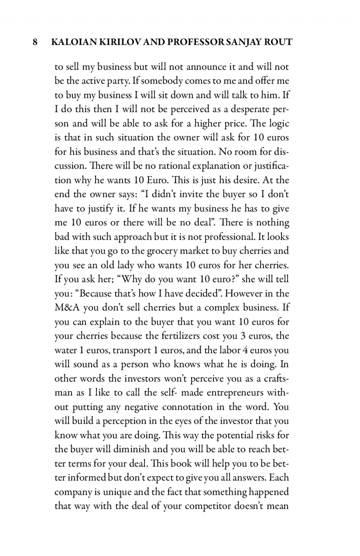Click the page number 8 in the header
[x=35, y=42]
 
